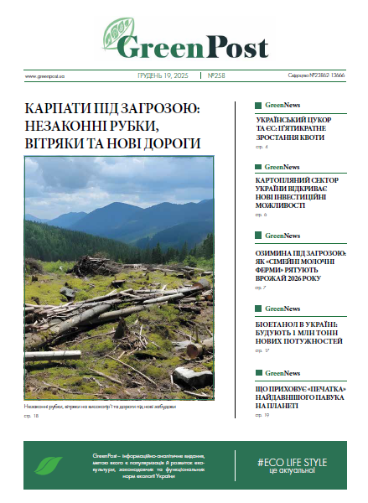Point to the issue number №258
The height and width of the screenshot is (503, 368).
(x=216, y=75)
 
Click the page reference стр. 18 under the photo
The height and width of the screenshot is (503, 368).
(x=32, y=416)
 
